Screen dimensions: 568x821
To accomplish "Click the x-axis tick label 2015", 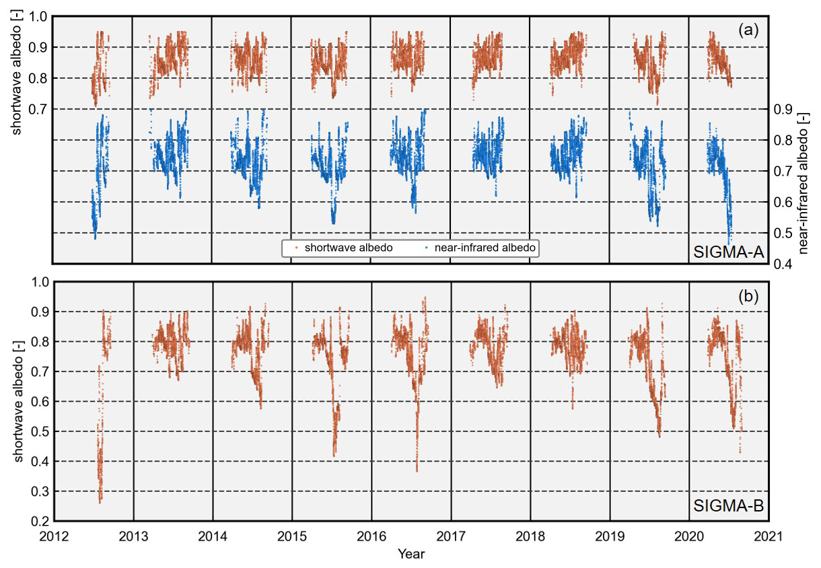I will click(x=292, y=537).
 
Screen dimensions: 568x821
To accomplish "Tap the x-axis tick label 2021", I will click(x=769, y=537).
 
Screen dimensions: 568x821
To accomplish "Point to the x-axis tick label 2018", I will click(x=530, y=537).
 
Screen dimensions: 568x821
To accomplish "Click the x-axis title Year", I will click(x=410, y=555).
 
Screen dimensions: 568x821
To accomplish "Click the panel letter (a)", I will click(x=748, y=30).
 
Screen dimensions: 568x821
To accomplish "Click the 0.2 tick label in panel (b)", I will click(x=40, y=522).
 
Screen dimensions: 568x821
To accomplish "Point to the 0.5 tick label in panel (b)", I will click(x=40, y=431).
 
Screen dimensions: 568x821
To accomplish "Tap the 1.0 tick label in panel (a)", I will click(x=40, y=16).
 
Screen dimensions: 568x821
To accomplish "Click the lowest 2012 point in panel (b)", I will click(x=100, y=503).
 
